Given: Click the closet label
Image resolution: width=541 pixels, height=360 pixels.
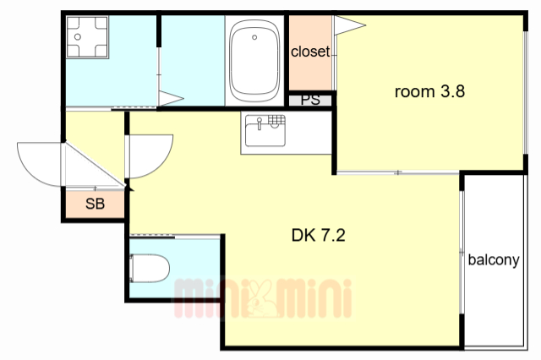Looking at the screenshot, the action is tap(310, 52).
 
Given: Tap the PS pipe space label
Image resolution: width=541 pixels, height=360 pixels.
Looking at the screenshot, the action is tap(310, 100).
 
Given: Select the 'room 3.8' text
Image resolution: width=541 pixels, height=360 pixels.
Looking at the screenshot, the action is tap(429, 92).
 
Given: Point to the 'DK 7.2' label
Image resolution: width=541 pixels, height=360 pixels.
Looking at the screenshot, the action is tap(318, 236).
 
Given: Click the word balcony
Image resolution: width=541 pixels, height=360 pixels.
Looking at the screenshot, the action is tap(494, 259).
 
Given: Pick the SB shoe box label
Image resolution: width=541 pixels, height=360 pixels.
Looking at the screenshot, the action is tap(95, 204).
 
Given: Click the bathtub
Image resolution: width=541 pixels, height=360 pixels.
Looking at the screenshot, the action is tap(254, 61).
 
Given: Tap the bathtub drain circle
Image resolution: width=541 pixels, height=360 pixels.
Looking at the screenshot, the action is tap(254, 37).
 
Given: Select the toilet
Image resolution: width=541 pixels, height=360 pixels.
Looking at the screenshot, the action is tap(150, 268).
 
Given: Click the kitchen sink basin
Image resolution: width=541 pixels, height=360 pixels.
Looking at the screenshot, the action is tap(265, 131).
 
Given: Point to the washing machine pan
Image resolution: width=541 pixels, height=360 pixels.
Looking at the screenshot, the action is tap(87, 37).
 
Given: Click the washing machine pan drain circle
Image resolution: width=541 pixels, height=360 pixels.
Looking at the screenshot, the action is tap(78, 36).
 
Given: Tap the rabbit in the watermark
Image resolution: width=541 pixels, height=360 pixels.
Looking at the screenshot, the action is tap(261, 298).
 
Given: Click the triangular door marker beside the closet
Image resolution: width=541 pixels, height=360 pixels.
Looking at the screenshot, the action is tap(349, 25).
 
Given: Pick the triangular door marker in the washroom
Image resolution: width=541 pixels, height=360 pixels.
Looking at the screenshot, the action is tap(171, 98).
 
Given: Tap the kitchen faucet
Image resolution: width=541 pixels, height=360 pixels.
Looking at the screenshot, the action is tap(260, 123).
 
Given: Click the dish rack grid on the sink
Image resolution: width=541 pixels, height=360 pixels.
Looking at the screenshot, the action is tap(276, 120).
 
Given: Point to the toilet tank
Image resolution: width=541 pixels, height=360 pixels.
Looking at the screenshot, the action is tap(132, 268).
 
